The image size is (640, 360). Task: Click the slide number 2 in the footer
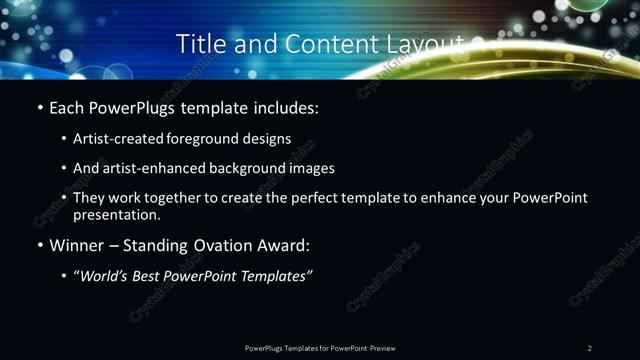point(590,347)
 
